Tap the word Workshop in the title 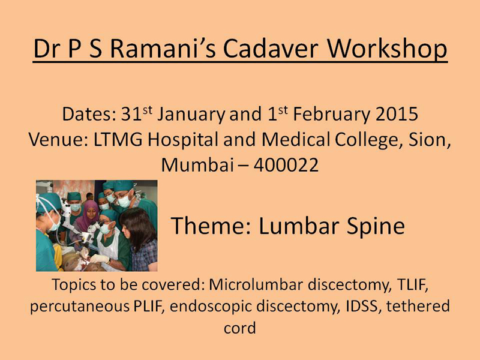click(387, 50)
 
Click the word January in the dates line click(191, 115)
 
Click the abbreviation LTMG click(118, 140)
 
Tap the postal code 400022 click(286, 166)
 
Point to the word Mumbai click(197, 164)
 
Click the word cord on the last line click(239, 328)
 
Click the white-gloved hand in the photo click(100, 259)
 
